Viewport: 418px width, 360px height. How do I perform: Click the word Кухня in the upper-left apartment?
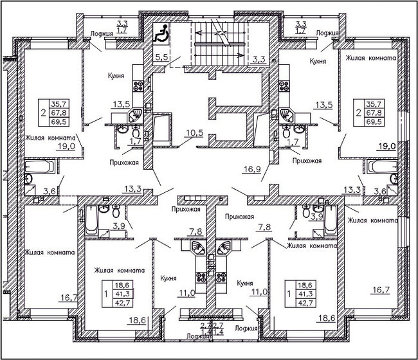(116, 75)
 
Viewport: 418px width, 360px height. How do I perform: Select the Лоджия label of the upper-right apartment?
(328, 31)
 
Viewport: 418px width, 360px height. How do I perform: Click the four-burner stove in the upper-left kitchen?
(138, 85)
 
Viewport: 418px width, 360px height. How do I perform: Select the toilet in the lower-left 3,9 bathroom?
(115, 212)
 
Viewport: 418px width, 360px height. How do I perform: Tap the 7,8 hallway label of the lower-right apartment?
(264, 227)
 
